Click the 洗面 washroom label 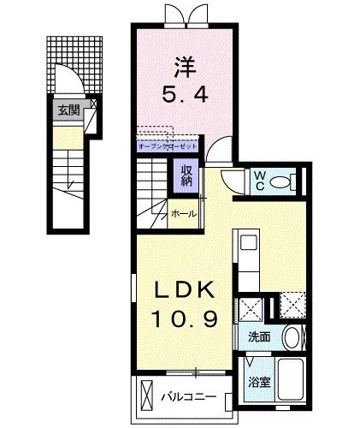(259, 337)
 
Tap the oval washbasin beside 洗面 (291, 336)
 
